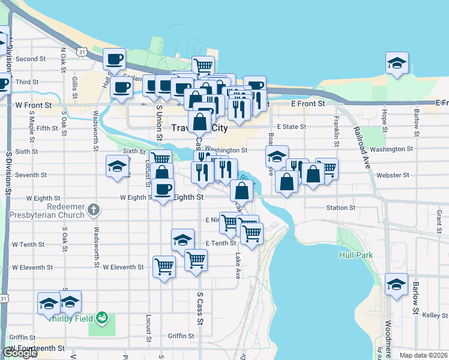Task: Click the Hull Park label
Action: coord(355,255)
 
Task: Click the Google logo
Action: coord(19,353)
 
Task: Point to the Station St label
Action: coord(340,208)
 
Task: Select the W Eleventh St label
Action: coord(124,267)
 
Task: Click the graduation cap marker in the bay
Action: coord(397,64)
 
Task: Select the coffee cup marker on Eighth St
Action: coord(162,191)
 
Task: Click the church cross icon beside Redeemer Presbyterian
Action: coord(92,210)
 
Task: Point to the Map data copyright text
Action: coord(424,355)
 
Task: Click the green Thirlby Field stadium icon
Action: coord(102,316)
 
